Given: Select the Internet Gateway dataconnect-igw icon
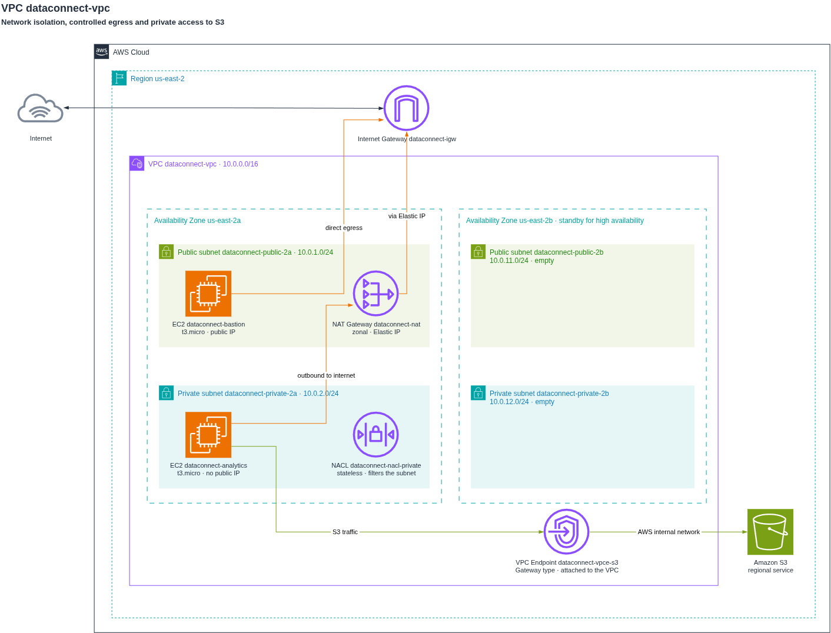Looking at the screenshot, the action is point(406,108).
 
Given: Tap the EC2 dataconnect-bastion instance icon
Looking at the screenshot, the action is point(208,293).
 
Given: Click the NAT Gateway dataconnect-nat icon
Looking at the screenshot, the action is point(375,293).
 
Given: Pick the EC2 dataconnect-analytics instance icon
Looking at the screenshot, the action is point(208,434).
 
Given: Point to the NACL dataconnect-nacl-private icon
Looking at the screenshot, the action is point(375,434).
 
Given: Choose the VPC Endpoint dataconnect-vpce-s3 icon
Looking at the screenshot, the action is point(566,532).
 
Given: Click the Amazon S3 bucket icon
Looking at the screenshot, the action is point(770,532).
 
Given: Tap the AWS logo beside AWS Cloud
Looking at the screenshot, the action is point(101,51).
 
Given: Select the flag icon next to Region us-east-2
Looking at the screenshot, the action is point(119,78).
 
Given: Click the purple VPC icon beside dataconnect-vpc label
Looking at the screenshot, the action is point(137,164).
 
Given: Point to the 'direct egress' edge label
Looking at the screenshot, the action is point(344,228).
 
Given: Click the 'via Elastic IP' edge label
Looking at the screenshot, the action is point(407,216).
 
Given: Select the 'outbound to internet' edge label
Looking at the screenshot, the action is point(326,375).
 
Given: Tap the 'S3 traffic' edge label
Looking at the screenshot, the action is point(345,532).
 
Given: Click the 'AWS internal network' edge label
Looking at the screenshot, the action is point(669,532).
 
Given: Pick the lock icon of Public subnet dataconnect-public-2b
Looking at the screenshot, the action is point(478,252).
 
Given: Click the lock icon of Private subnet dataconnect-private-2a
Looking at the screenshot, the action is point(166,393).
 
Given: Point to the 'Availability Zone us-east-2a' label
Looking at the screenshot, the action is point(197,220).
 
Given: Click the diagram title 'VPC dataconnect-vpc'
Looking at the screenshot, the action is point(55,8).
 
